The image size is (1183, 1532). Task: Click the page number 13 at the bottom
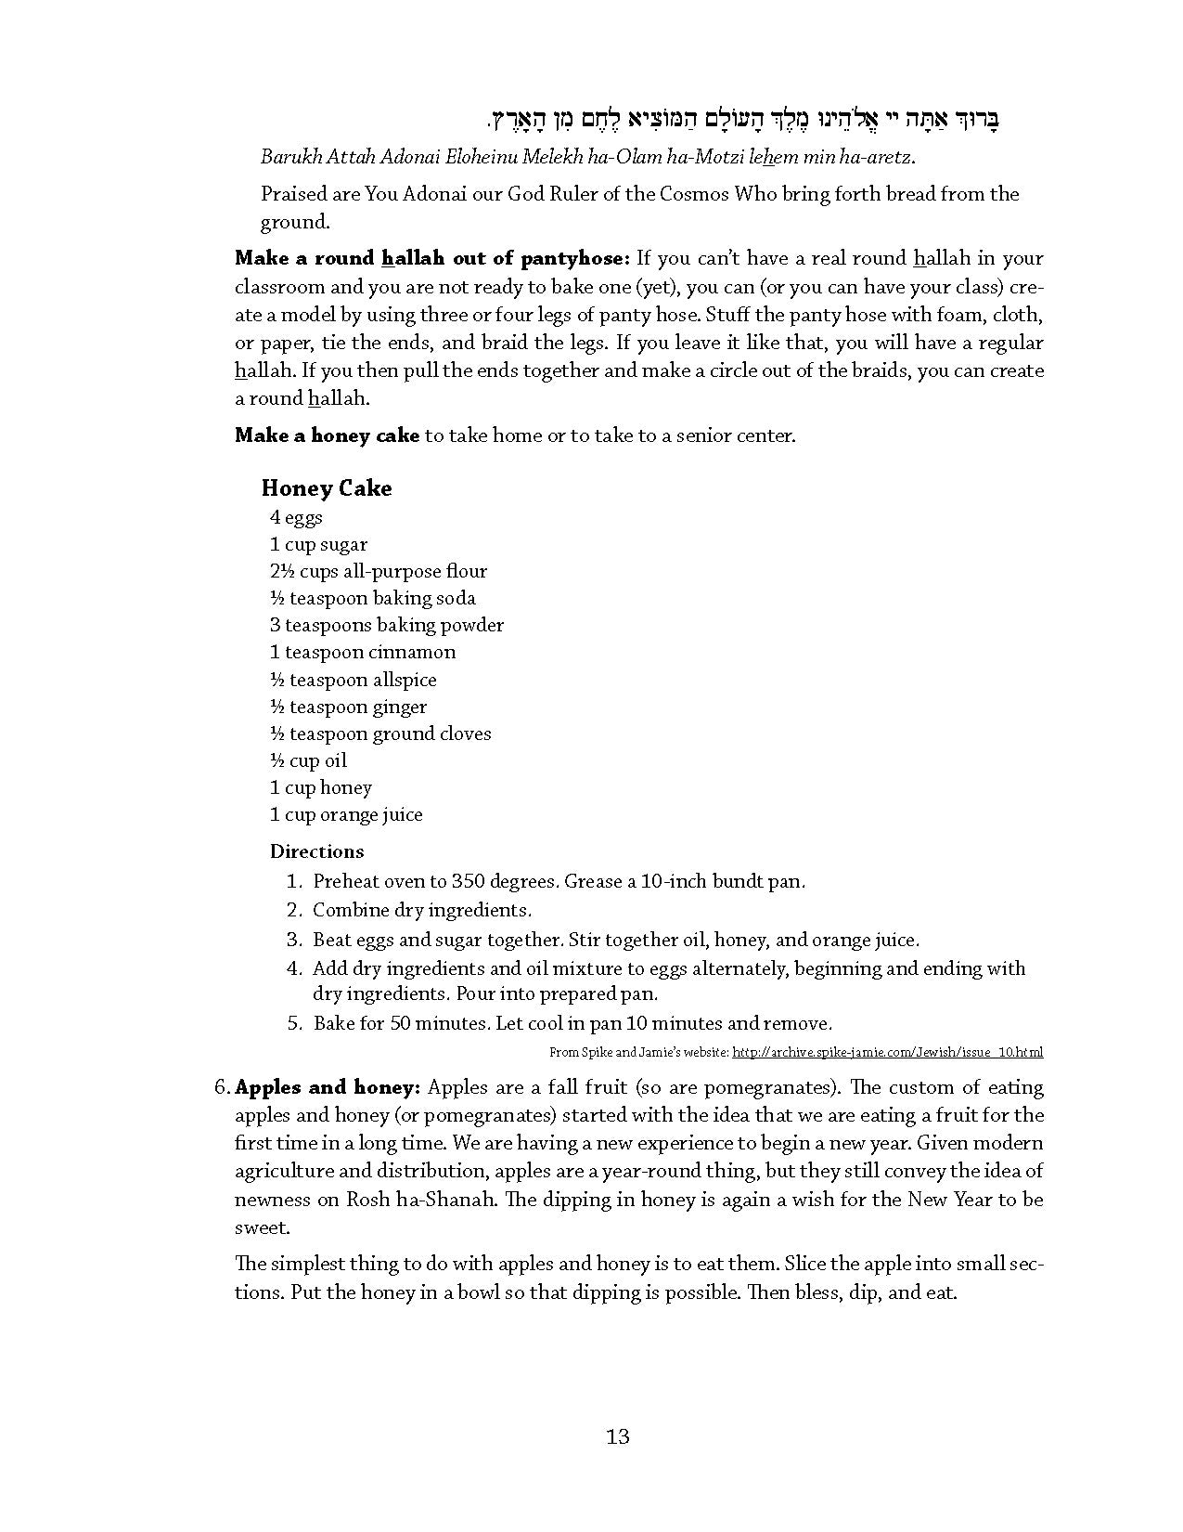click(618, 1436)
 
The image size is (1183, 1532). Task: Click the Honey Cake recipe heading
click(327, 488)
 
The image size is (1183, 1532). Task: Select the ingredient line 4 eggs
click(296, 517)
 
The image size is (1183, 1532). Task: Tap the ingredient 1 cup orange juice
click(346, 814)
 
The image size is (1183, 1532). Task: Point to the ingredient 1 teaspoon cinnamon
click(363, 652)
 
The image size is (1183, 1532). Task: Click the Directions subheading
click(316, 851)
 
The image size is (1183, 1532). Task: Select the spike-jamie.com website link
click(887, 1052)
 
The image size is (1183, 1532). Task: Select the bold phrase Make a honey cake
click(327, 435)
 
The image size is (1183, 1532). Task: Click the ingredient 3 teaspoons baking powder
click(387, 625)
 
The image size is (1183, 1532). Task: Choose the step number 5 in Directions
click(294, 1023)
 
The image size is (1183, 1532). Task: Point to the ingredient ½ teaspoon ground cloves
click(380, 734)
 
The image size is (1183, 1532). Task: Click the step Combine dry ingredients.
click(422, 910)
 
